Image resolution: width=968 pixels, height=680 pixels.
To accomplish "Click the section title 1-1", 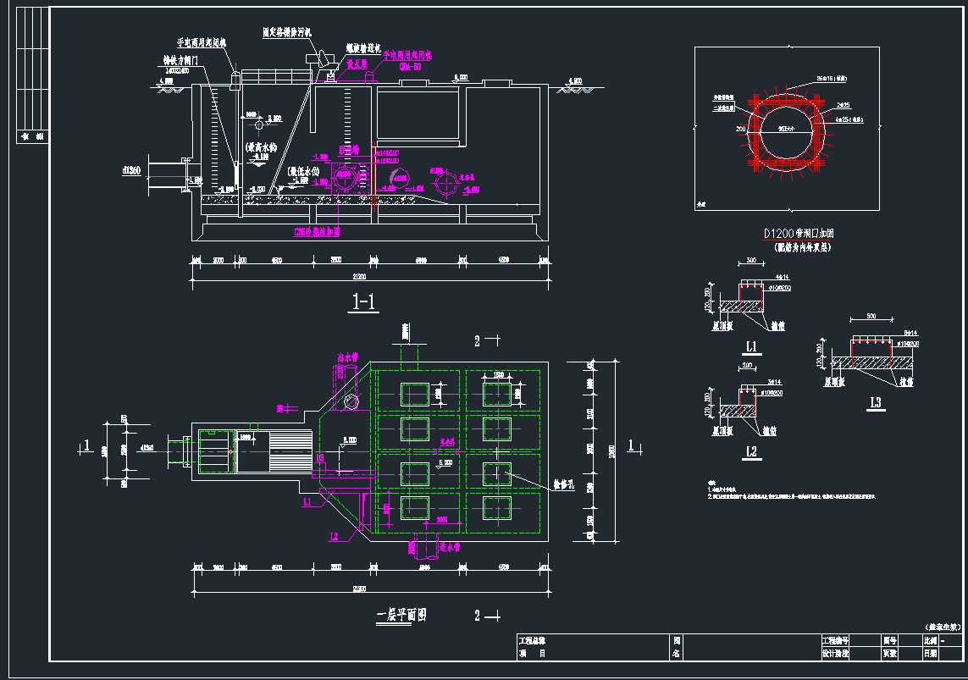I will [364, 301].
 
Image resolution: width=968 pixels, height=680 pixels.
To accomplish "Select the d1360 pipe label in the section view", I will [131, 172].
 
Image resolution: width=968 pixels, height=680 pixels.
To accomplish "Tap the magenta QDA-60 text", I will [411, 64].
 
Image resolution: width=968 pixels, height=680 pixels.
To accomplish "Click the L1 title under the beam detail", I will [751, 346].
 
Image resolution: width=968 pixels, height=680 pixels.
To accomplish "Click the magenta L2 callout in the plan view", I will [334, 535].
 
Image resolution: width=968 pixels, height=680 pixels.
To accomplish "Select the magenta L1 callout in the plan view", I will [308, 503].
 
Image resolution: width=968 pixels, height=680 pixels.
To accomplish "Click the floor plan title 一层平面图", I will [401, 616].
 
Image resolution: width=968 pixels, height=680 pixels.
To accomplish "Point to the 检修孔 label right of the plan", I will [565, 487].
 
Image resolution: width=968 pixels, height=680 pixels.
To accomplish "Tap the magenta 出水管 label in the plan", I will [347, 358].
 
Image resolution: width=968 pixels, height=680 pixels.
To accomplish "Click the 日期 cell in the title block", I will [930, 653].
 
